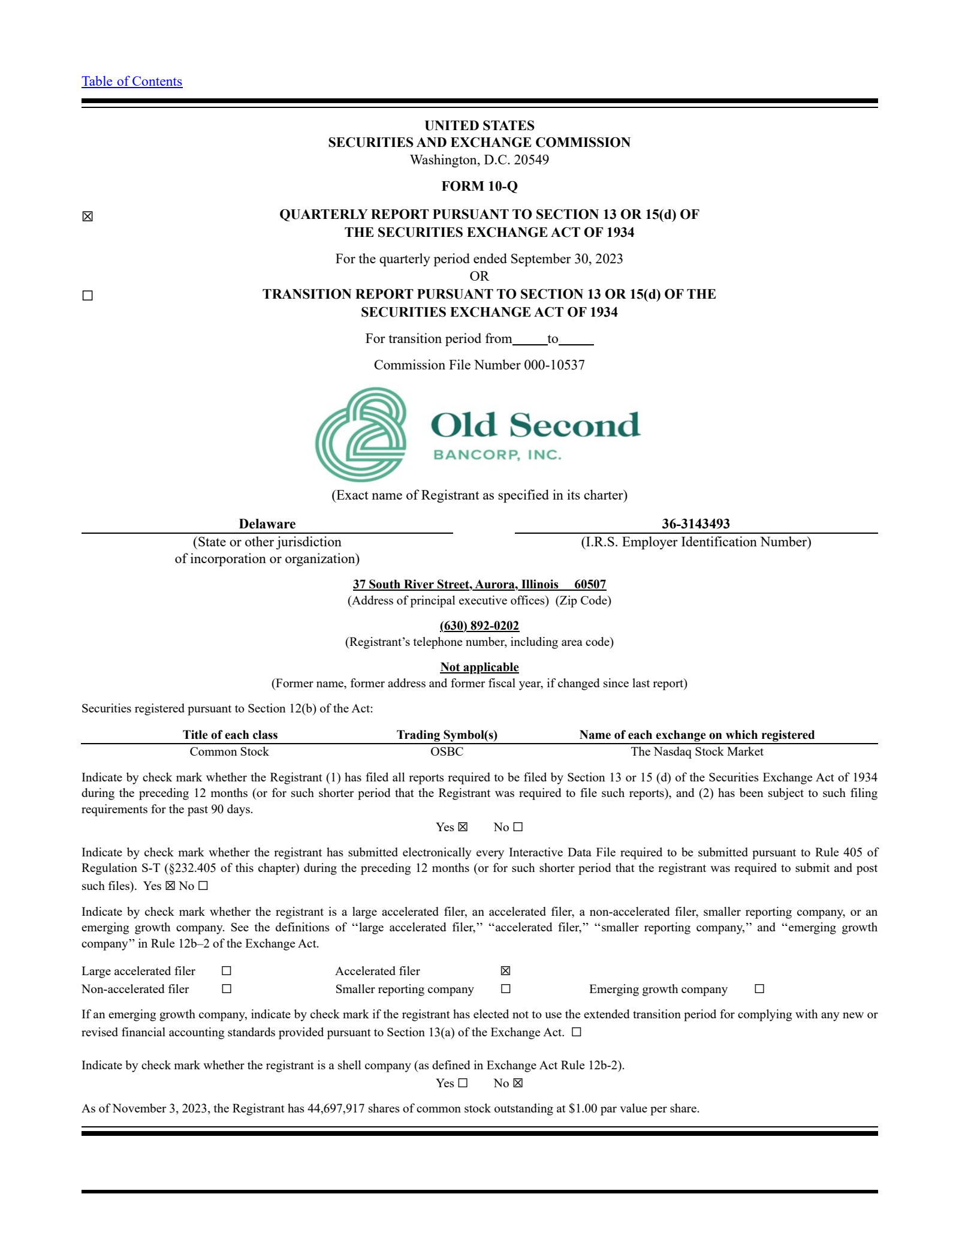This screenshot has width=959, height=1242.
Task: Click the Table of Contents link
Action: (132, 82)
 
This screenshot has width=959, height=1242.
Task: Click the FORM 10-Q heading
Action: (479, 186)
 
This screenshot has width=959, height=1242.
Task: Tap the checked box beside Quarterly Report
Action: (88, 216)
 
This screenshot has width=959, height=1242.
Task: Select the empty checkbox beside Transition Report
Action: (88, 296)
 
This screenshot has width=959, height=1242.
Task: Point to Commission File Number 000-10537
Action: (479, 365)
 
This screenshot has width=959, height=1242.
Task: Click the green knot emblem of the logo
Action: (361, 434)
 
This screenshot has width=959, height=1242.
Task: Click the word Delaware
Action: (267, 524)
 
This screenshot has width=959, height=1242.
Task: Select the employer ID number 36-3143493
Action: (695, 524)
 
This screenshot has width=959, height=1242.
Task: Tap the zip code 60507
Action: (590, 584)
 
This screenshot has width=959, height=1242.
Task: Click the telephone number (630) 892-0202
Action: (479, 625)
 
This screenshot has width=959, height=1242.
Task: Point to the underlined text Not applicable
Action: (479, 667)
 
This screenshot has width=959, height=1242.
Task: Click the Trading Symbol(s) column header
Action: (447, 735)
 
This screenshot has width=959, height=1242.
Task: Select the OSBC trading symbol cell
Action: (447, 751)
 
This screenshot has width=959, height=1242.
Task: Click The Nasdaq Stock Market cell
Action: (696, 751)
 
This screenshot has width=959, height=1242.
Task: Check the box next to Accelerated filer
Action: (505, 971)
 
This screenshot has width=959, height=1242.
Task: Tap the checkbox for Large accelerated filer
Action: (226, 971)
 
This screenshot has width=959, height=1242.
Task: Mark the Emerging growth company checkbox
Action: (759, 989)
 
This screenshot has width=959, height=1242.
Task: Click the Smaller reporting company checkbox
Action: (505, 989)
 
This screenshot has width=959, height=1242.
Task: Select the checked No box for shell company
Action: (518, 1083)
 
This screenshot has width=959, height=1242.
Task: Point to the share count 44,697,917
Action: (336, 1108)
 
